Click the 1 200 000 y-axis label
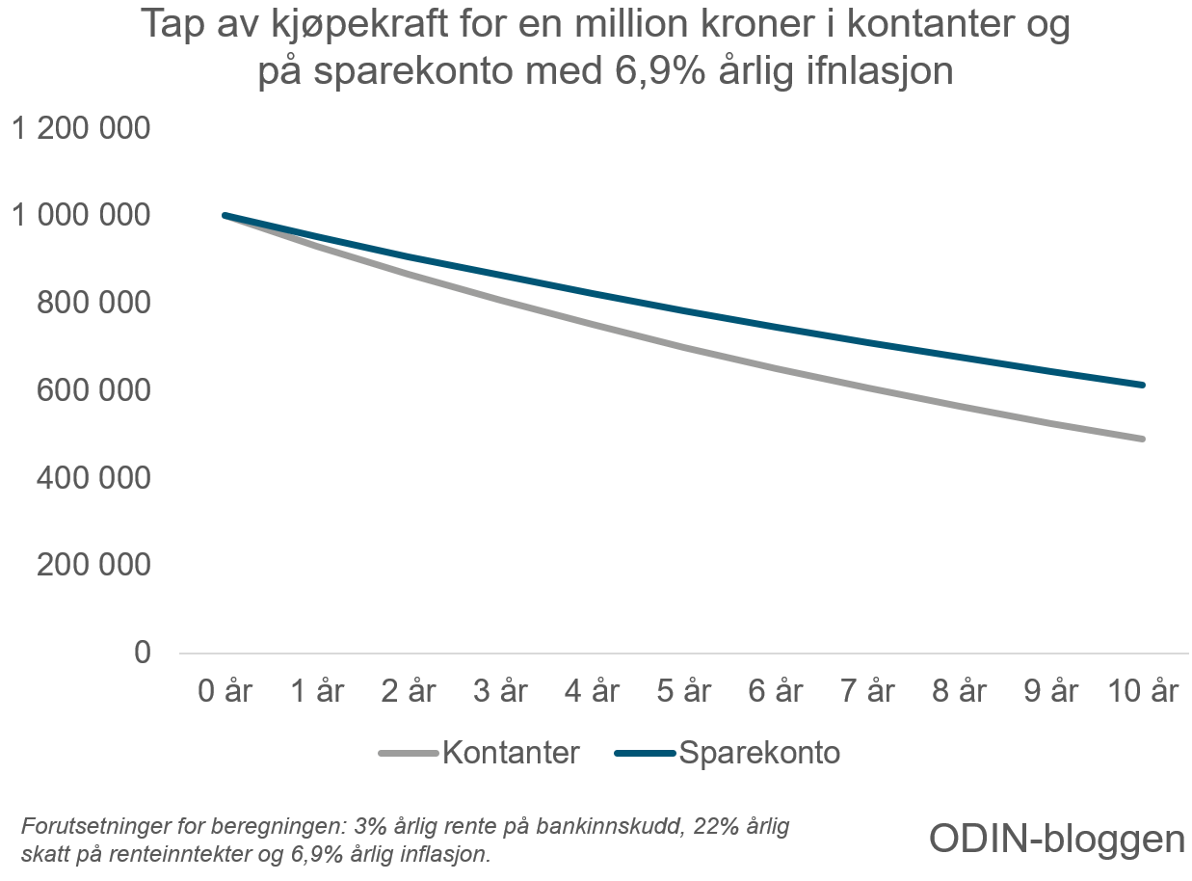[81, 128]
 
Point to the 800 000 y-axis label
[94, 303]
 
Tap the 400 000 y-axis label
[94, 478]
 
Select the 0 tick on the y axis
[143, 653]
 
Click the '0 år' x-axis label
[225, 691]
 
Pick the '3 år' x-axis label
[501, 691]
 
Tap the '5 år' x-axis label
[685, 691]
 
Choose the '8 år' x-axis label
[961, 691]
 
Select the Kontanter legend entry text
[511, 753]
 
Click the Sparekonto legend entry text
[759, 753]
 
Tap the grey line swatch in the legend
[410, 754]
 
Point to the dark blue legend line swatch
[645, 754]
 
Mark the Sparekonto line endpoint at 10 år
[1143, 385]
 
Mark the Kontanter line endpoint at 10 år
[1143, 439]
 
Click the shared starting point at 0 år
[225, 215]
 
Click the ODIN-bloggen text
[1057, 839]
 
